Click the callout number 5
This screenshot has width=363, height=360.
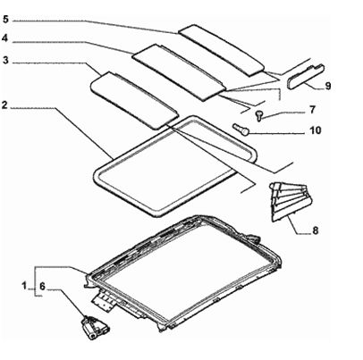pos(6,20)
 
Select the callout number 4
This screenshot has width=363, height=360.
pos(4,38)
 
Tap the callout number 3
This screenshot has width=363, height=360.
pos(5,60)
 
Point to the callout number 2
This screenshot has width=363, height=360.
pos(4,105)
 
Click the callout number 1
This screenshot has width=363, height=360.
pos(24,286)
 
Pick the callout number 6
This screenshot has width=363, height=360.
pos(42,287)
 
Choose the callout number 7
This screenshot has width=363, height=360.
pos(312,110)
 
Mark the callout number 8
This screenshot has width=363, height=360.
pos(315,230)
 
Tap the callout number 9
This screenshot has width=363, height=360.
pos(328,86)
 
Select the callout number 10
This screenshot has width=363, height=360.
pos(316,130)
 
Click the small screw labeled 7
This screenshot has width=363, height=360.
pos(258,115)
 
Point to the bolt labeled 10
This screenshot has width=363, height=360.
pos(241,130)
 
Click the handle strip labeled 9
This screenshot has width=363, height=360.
pos(306,76)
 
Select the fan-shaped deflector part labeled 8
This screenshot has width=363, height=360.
pos(290,202)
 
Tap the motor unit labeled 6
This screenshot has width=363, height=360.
pos(95,328)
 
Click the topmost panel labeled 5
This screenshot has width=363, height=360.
pos(222,49)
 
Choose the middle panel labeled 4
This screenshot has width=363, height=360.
pos(179,72)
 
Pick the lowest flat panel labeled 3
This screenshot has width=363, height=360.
pos(134,100)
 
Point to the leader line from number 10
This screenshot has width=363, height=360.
pos(276,133)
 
